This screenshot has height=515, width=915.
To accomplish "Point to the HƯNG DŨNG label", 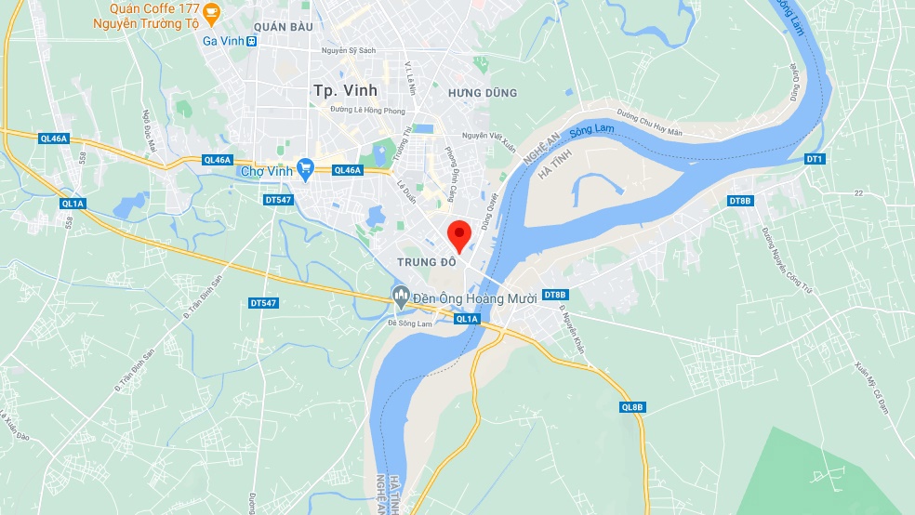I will tap(482, 93).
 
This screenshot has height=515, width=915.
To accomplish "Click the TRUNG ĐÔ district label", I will tap(427, 263).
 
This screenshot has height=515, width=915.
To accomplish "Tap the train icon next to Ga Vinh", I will tap(252, 41).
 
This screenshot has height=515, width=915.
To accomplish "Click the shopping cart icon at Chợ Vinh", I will tap(305, 168).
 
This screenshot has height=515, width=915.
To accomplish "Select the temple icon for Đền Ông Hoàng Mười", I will tap(401, 297).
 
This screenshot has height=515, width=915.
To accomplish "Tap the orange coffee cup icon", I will tap(212, 14).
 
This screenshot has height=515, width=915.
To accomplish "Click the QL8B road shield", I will tap(631, 407).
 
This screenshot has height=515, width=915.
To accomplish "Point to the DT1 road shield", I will tap(815, 160).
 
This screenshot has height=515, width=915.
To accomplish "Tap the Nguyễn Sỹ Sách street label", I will tap(348, 50).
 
